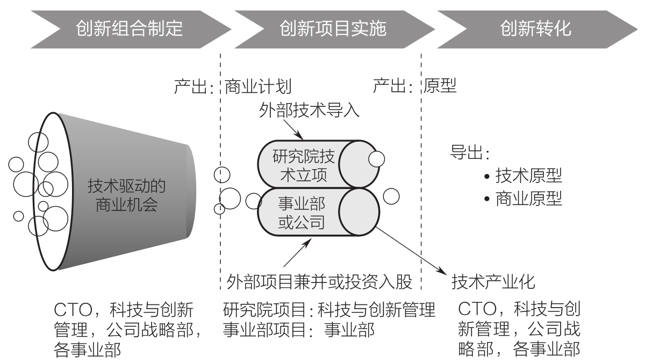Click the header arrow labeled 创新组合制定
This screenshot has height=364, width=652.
point(131,29)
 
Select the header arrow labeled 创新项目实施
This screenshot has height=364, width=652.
point(334,29)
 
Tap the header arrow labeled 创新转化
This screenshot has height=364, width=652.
point(537,29)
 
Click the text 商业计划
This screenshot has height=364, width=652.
point(258,86)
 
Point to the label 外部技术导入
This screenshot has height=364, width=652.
point(309,110)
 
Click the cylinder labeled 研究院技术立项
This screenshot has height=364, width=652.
point(318,164)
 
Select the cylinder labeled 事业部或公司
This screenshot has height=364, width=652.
point(318,212)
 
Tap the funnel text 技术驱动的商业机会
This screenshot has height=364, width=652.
point(127,195)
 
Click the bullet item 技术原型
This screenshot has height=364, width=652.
point(523,176)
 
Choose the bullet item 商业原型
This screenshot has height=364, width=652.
point(523,199)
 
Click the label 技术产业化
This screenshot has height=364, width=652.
point(493,282)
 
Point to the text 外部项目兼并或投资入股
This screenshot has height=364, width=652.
point(319,282)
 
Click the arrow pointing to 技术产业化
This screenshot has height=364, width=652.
point(411,251)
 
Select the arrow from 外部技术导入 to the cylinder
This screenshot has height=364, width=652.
point(293,130)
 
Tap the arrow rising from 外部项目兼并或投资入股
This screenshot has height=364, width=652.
point(297,252)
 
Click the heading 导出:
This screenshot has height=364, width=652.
point(469,152)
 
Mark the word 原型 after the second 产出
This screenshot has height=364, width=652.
point(440,86)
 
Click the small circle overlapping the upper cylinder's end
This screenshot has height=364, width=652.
point(377,159)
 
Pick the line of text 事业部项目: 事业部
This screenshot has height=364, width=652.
point(299,330)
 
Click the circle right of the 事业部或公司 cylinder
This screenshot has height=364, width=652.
point(391,196)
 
